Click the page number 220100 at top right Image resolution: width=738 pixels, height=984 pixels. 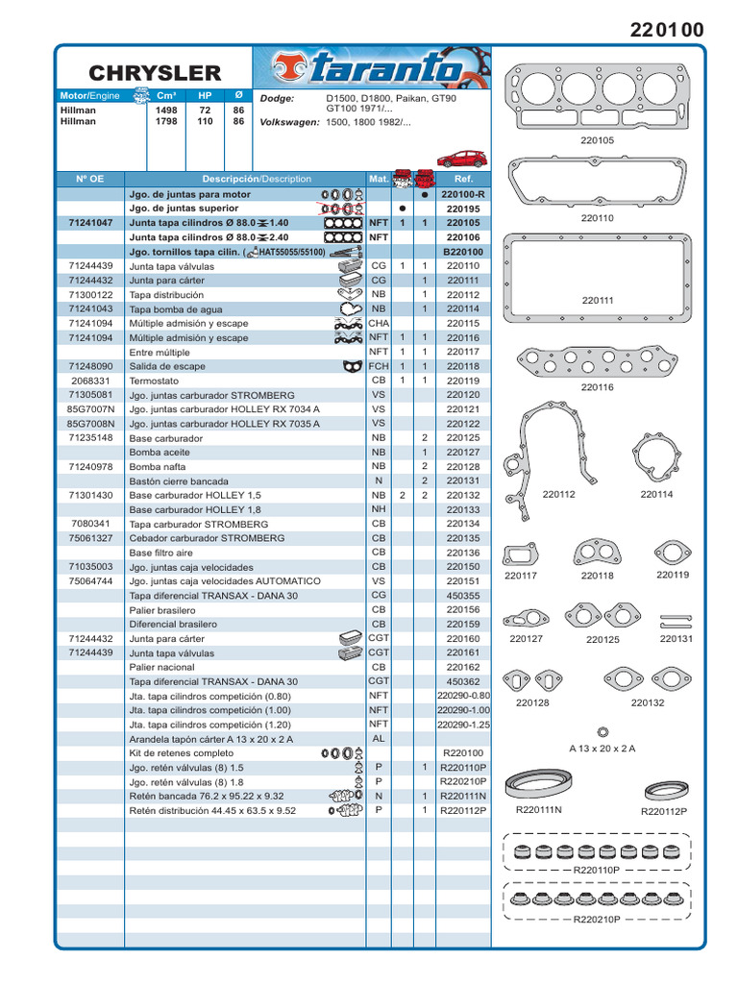tap(666, 30)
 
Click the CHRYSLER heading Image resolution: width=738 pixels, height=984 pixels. tap(155, 73)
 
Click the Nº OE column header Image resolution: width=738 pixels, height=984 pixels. tap(91, 179)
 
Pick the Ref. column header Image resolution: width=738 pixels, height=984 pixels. tap(463, 179)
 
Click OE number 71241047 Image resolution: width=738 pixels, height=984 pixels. tap(91, 222)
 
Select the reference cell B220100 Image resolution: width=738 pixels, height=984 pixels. tap(463, 251)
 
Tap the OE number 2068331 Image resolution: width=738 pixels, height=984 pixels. tap(91, 381)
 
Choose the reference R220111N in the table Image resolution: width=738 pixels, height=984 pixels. tap(463, 796)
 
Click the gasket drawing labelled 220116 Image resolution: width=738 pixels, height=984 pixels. tap(597, 362)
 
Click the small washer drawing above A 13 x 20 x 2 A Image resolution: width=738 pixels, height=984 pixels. tap(603, 731)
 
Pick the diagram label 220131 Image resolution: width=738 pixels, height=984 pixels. tap(676, 638)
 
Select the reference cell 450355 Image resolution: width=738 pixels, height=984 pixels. tap(463, 595)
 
